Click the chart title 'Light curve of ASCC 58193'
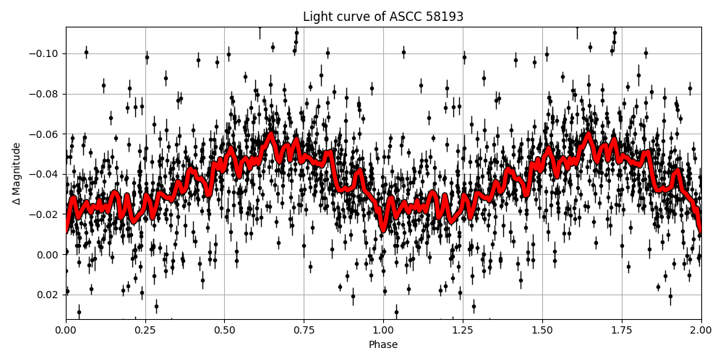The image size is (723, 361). tap(383, 17)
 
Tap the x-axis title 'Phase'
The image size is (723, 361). tap(383, 345)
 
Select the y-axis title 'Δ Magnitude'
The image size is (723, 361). tap(16, 173)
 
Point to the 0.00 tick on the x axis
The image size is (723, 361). tap(66, 331)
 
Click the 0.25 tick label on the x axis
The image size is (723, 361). tap(145, 331)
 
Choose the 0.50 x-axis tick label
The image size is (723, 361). tap(224, 331)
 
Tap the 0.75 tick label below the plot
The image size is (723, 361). tap(304, 331)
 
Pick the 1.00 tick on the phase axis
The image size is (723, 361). tap(383, 331)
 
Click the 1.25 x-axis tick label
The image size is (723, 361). tap(463, 331)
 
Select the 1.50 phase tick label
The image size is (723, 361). tap(542, 331)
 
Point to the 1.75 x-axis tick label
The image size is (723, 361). tap(622, 331)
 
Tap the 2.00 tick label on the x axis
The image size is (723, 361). tap(701, 331)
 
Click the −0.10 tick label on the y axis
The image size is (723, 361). tap(46, 54)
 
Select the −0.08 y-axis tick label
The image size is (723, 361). tap(46, 94)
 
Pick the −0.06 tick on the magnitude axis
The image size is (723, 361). tap(46, 134)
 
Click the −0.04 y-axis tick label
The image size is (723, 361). tap(46, 174)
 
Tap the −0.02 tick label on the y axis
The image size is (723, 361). tap(46, 214)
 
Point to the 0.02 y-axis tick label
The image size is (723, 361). tap(48, 295)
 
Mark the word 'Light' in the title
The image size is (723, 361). tap(316, 17)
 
